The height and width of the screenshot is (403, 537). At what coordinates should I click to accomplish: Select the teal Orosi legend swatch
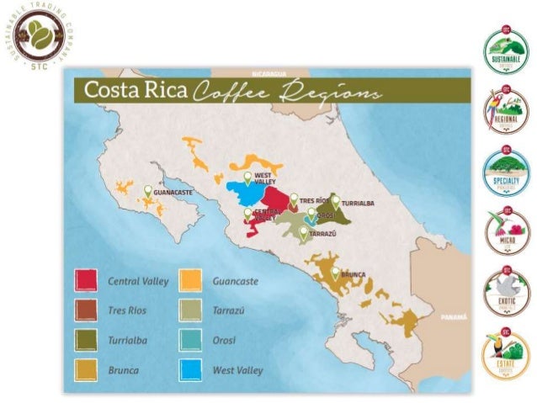coord(191,340)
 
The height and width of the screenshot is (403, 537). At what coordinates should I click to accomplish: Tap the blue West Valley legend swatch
coord(191,369)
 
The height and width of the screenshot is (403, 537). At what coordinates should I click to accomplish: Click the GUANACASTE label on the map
coord(173,193)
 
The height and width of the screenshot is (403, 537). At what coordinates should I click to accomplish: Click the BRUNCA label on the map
coord(354,274)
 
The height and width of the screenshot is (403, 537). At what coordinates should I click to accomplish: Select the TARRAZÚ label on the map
coord(323,232)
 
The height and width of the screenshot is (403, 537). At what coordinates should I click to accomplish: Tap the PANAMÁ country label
coord(455,317)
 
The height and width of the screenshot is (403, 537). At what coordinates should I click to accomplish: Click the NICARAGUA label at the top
coord(264,73)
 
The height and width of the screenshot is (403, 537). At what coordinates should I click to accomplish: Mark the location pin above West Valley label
coord(247,177)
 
